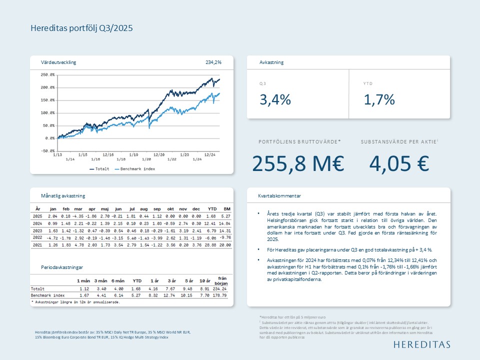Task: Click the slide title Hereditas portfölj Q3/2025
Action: point(81,28)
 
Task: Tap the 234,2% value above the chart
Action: point(213,62)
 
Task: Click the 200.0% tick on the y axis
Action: point(48,87)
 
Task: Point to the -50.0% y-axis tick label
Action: point(48,150)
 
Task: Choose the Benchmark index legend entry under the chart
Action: point(134,169)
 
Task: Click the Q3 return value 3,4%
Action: point(275,99)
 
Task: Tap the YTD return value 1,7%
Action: point(379,99)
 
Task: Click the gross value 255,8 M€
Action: point(298,163)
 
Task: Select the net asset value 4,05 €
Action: point(399,163)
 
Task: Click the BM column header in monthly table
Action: point(226,208)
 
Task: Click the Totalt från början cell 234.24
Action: point(220,288)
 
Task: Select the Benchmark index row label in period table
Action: point(48,295)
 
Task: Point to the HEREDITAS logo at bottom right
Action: point(421,344)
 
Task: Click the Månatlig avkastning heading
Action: point(63,196)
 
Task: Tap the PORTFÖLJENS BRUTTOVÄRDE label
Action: point(299,142)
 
